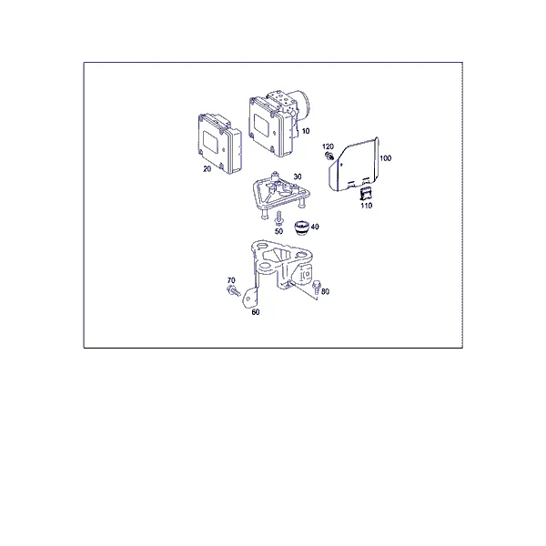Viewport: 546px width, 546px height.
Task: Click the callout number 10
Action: (x=306, y=131)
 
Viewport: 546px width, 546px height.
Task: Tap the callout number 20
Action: (x=207, y=169)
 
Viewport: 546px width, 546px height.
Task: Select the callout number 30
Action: (x=298, y=177)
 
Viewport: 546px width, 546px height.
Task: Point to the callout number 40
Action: (x=315, y=227)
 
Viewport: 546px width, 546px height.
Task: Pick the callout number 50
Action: (x=279, y=231)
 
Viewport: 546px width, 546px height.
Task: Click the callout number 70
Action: (x=231, y=280)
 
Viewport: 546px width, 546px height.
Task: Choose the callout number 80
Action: (x=325, y=291)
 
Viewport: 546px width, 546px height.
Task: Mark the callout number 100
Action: (x=386, y=158)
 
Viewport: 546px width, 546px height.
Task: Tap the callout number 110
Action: (x=367, y=206)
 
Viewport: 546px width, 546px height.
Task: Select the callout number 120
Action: (x=328, y=147)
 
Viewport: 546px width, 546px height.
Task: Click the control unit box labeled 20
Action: (x=219, y=143)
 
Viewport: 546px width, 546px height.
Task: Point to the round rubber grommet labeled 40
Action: (x=301, y=227)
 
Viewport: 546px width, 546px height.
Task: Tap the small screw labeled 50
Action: (x=278, y=218)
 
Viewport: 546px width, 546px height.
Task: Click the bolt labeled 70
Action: (x=234, y=290)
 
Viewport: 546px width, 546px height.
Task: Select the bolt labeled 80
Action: (x=317, y=287)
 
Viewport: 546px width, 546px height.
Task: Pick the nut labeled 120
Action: (x=329, y=157)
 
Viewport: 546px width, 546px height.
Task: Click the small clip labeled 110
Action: (x=365, y=193)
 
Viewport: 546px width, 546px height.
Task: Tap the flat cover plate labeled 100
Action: (x=354, y=165)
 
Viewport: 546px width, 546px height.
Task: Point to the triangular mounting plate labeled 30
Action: (x=281, y=194)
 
